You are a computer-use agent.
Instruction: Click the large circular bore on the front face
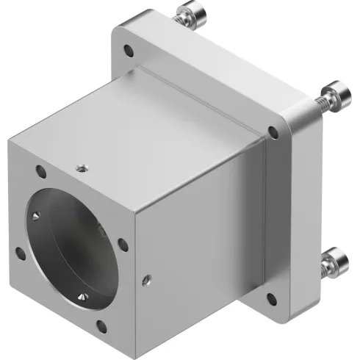point(73,246)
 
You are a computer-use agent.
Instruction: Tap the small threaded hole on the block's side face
point(147,278)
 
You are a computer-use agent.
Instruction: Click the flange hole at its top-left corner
point(130,51)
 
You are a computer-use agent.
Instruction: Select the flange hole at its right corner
point(273,133)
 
